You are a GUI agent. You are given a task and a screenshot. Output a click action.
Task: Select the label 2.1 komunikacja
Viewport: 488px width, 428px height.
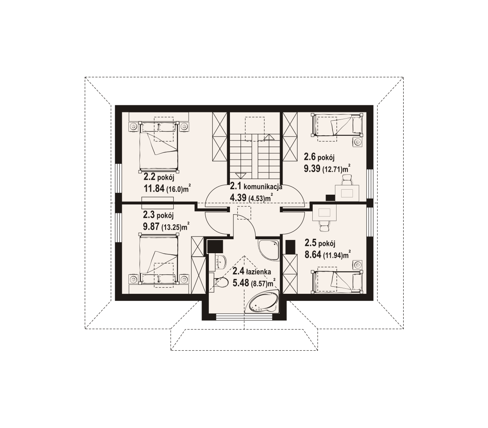256,186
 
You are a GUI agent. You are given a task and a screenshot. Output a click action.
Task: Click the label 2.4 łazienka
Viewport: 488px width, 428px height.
251,272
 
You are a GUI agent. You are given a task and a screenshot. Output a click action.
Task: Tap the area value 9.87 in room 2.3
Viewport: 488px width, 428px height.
151,227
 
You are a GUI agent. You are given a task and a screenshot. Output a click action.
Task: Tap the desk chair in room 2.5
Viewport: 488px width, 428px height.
324,226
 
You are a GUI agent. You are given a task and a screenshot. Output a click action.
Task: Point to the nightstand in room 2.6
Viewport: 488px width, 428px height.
358,142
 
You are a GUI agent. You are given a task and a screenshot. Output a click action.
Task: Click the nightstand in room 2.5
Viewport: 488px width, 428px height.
358,265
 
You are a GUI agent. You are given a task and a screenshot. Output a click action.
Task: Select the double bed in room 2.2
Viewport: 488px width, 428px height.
159,147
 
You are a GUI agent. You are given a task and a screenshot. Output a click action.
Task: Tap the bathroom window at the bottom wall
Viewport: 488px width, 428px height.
244,317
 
